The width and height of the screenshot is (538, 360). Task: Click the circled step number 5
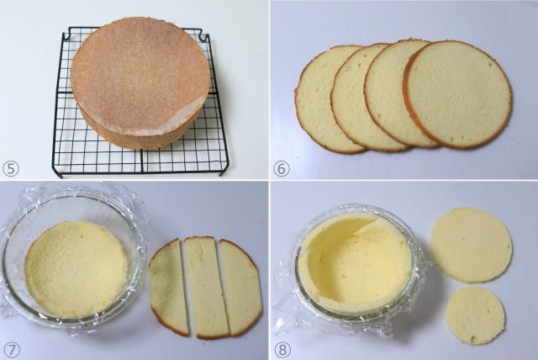(x=11, y=169)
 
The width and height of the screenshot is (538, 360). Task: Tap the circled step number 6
(x=282, y=169)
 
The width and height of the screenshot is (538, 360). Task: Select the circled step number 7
(x=11, y=350)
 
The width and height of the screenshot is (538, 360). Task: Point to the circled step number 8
(x=282, y=350)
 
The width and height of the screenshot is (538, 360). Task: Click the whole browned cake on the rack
(x=140, y=82)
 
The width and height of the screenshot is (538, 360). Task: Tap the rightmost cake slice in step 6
(x=458, y=94)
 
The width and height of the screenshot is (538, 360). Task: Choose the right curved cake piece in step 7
(x=240, y=287)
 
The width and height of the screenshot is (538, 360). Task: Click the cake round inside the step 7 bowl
(x=76, y=268)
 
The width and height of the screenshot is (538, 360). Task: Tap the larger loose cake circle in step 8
(x=471, y=245)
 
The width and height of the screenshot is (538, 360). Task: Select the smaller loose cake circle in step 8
(x=476, y=315)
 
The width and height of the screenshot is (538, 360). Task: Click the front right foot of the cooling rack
(x=224, y=170)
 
